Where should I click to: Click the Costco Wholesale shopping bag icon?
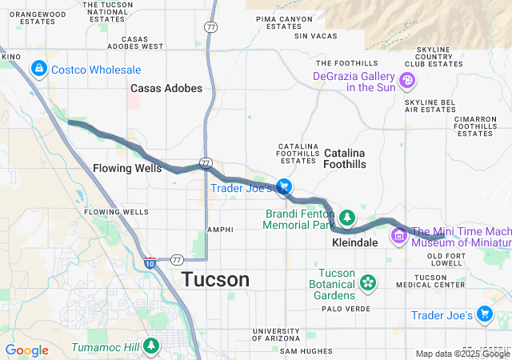tap(38, 70)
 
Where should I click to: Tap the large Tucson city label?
tap(215, 280)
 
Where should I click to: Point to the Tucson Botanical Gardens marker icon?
tap(367, 282)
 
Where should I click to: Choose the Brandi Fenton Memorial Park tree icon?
tap(347, 217)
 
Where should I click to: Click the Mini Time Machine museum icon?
tap(399, 235)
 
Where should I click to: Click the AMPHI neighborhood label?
tap(220, 230)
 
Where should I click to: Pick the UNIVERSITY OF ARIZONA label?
tap(276, 335)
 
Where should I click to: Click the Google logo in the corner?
tap(26, 350)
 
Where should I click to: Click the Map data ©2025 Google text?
tap(462, 354)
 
